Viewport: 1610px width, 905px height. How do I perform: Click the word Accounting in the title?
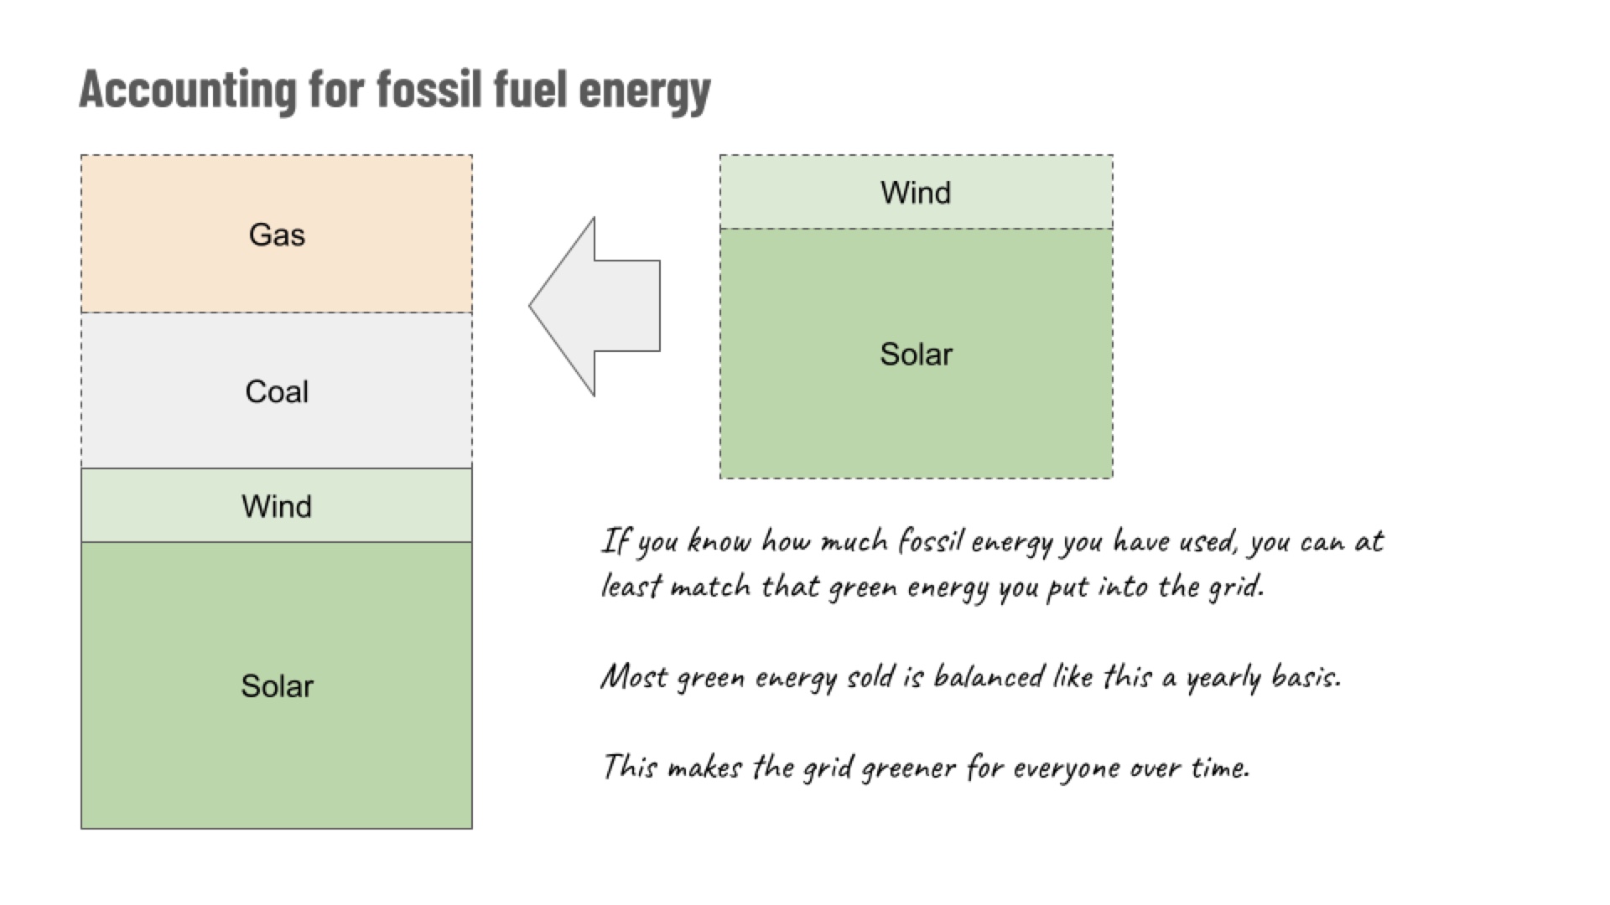[x=187, y=90]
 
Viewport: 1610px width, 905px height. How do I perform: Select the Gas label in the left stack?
[x=277, y=235]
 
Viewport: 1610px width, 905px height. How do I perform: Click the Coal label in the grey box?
[x=277, y=391]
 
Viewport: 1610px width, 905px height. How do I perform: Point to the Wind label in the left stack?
[x=277, y=506]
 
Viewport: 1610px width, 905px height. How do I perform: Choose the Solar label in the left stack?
[x=277, y=686]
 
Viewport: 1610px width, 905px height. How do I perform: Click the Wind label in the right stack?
[x=916, y=193]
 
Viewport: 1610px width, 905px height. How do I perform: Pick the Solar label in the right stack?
[x=916, y=354]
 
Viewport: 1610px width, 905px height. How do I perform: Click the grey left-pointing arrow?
[x=595, y=307]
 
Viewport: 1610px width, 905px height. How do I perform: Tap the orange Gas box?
[x=277, y=234]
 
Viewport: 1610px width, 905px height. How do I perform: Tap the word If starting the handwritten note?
[x=615, y=541]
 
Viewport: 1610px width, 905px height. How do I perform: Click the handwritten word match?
[x=710, y=586]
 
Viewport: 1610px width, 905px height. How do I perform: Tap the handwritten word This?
[x=630, y=766]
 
